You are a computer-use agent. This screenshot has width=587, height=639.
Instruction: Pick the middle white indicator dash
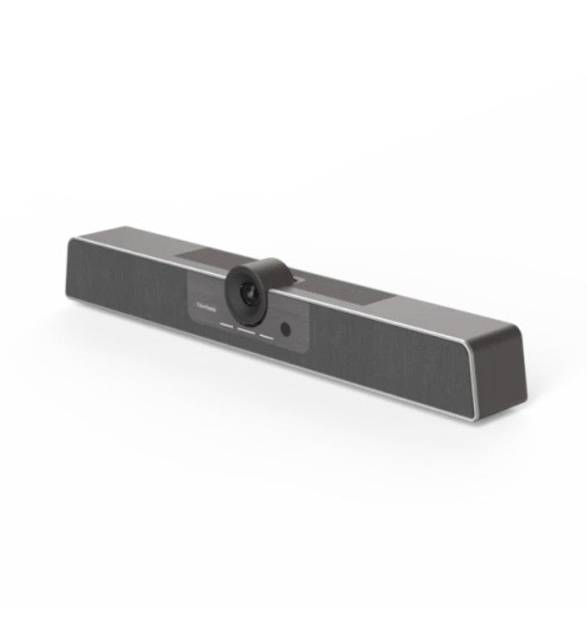coord(245,333)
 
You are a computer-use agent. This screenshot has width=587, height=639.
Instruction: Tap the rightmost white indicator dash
coord(266,337)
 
